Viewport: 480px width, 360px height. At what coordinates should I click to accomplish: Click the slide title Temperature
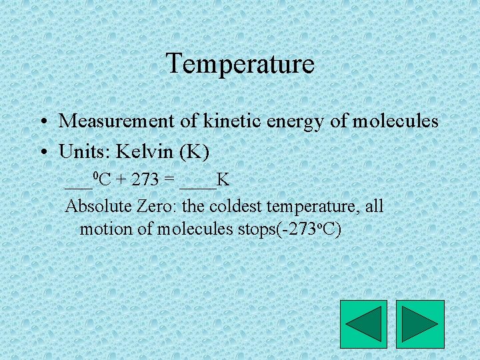pos(240,64)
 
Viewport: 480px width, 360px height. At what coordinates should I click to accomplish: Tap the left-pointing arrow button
pos(363,324)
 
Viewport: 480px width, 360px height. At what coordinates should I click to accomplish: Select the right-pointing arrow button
pos(420,324)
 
